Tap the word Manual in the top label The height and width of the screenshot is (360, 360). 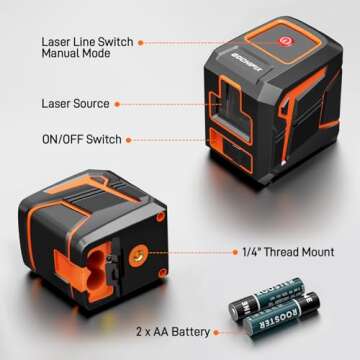pyautogui.click(x=62, y=56)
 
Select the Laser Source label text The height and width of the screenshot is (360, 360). pyautogui.click(x=74, y=103)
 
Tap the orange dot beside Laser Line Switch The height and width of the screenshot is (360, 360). pyautogui.click(x=140, y=42)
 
